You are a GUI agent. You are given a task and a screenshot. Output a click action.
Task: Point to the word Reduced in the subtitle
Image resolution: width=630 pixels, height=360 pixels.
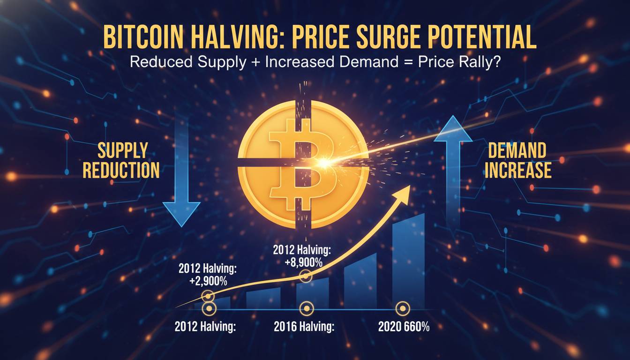pos(159,62)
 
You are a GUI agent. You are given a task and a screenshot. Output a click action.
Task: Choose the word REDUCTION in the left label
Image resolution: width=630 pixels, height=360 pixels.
pos(121,170)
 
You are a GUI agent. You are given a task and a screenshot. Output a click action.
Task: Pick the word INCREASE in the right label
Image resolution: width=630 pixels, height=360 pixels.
pos(517,170)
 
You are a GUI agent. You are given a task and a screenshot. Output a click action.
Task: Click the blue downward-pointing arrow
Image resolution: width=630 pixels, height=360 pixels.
pos(181,187)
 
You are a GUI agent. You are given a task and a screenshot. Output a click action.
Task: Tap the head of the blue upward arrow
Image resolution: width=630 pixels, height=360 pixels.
pos(453,130)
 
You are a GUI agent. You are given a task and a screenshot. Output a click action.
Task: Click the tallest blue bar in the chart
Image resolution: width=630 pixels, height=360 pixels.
pos(408,262)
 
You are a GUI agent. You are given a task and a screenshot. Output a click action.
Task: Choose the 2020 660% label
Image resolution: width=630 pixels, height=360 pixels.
pos(403,327)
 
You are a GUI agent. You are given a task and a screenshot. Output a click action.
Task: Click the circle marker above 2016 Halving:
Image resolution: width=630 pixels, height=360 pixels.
pos(306,308)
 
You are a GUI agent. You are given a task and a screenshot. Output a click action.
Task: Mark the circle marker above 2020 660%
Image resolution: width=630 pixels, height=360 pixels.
pos(402,308)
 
